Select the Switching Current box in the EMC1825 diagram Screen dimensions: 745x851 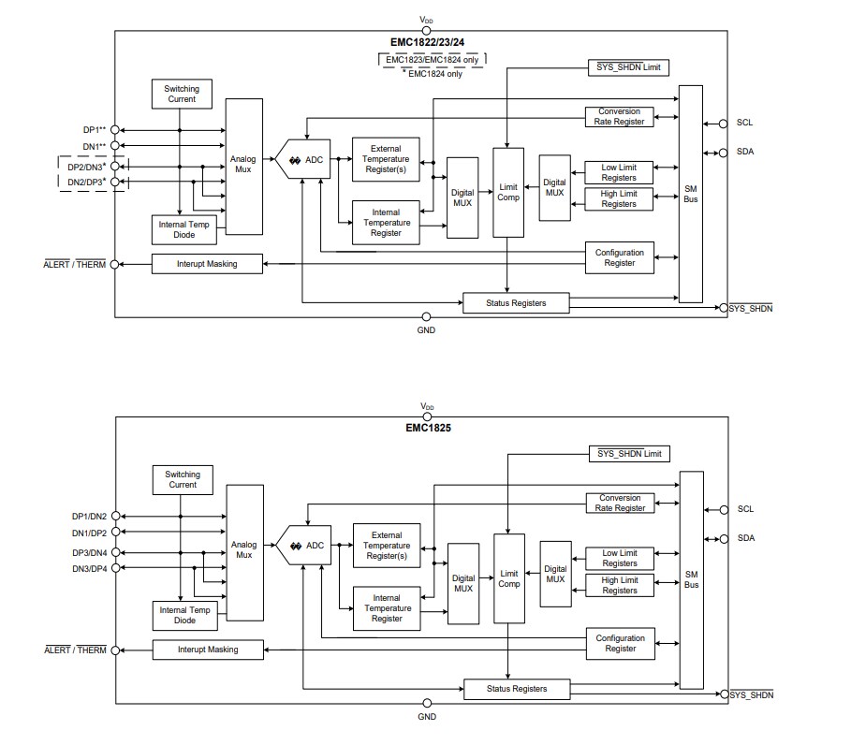point(183,480)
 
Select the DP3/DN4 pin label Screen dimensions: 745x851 point(90,552)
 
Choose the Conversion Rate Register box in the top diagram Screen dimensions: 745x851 point(620,116)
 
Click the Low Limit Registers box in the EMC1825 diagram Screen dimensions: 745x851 point(620,558)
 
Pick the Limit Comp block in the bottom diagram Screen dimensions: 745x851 point(509,578)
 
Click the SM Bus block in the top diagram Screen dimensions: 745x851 point(691,194)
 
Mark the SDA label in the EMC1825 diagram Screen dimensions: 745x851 point(745,538)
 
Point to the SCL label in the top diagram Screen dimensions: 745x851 point(744,123)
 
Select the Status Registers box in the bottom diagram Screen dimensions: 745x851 point(517,689)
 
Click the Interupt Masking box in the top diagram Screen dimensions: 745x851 point(207,264)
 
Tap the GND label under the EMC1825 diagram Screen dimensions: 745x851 point(427,717)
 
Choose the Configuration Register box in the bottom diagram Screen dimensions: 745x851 point(620,643)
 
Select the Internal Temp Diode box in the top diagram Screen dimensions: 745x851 point(183,229)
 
